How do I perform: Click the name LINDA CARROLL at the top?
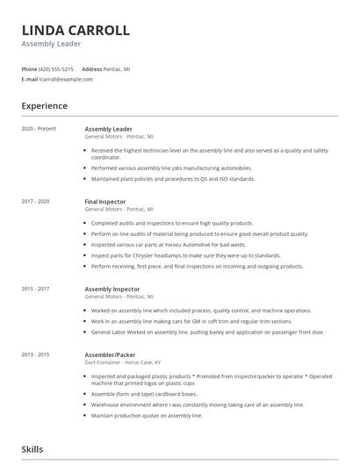coord(76,31)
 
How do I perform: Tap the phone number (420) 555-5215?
coord(57,68)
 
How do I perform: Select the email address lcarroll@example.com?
coord(67,79)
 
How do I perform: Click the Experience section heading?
coord(44,106)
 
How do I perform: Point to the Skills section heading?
coord(32,448)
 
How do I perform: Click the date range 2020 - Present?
coord(39,128)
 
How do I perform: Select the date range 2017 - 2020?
coord(36,201)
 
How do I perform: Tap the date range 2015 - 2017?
coord(36,288)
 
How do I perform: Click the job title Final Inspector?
coord(105,201)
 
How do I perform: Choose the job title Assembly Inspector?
coord(112,288)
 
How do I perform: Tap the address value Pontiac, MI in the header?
coord(117,68)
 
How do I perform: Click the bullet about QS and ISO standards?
coord(173,179)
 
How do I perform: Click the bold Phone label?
coord(29,68)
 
